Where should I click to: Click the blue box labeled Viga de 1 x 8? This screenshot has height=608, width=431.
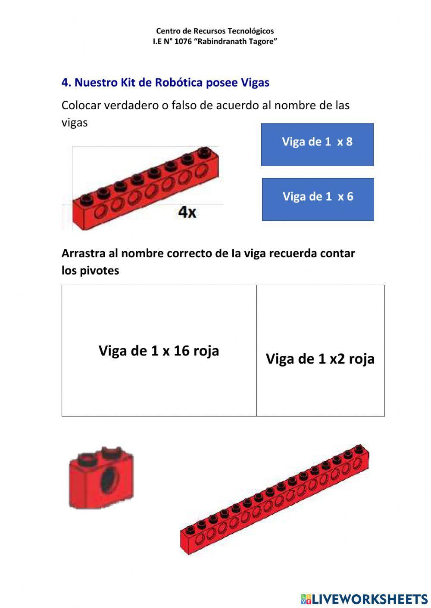317,144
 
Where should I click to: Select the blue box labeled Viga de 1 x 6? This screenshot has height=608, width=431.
318,199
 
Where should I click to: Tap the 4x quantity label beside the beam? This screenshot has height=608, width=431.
187,212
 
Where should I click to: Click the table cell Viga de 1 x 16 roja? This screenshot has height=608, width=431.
159,350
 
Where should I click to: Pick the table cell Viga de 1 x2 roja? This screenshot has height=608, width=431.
320,350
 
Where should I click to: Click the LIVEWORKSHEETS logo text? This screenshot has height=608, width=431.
369,599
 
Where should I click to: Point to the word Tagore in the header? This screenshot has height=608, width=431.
262,42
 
